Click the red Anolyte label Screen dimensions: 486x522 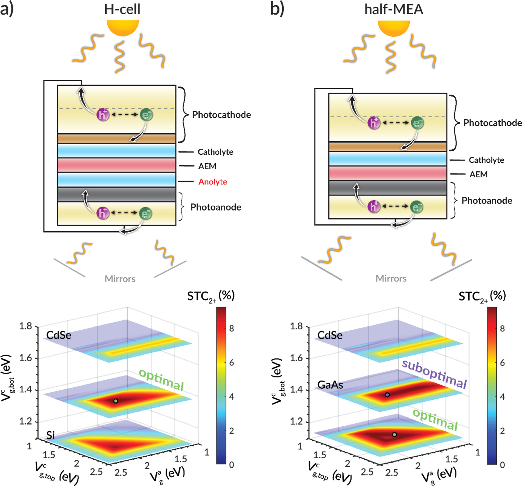tap(213, 182)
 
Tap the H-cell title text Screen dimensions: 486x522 tap(122, 9)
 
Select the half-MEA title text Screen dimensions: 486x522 tap(394, 9)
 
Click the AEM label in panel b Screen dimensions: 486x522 tap(478, 174)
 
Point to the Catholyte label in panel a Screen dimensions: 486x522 tap(215, 152)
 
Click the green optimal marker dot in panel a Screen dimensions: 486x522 tap(115, 401)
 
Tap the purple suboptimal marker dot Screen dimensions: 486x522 tap(387, 395)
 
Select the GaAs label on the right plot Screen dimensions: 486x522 tap(330, 385)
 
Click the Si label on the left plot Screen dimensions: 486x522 tap(51, 435)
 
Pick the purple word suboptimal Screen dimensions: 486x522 tap(434, 374)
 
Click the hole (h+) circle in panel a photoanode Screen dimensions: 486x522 tap(103, 213)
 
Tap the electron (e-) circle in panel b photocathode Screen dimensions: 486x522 tap(417, 123)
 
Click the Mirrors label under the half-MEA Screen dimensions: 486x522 tap(391, 278)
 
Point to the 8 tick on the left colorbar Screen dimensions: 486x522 tap(232, 328)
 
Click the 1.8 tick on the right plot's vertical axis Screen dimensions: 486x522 tap(296, 326)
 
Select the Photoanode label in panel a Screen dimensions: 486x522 tap(216, 207)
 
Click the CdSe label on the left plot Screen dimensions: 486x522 tap(59, 335)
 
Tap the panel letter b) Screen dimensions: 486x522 tap(277, 9)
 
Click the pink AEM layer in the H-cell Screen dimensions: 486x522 tap(116, 165)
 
